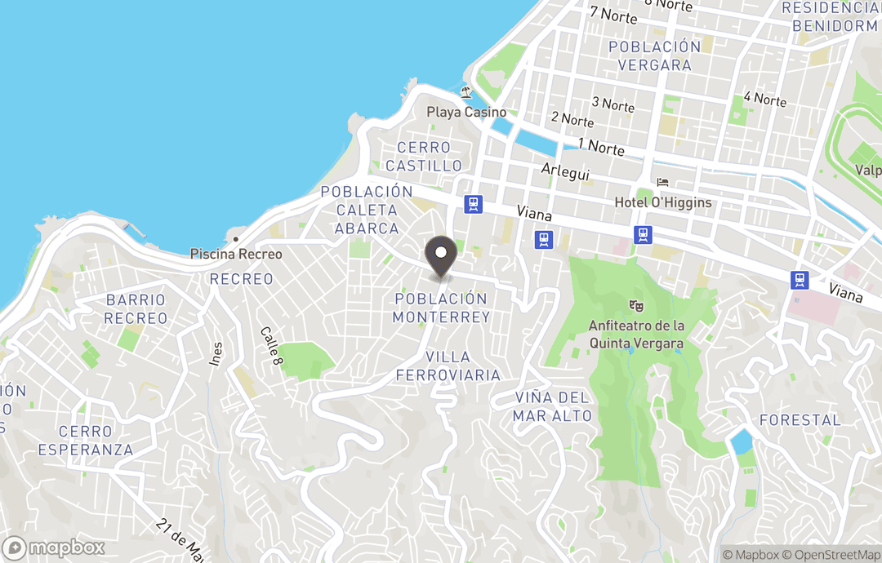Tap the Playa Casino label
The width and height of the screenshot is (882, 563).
click(x=466, y=113)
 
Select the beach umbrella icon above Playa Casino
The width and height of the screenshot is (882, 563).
click(x=465, y=92)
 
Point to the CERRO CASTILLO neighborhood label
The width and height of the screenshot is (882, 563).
click(x=424, y=157)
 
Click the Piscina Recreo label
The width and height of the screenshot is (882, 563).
click(x=236, y=254)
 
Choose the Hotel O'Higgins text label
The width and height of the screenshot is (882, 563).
click(x=663, y=202)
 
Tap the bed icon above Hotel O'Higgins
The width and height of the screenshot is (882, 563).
click(x=662, y=182)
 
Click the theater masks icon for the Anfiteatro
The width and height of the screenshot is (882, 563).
click(x=635, y=306)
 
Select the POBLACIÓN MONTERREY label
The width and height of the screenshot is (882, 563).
click(x=441, y=308)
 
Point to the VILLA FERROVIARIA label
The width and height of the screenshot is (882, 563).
click(x=448, y=366)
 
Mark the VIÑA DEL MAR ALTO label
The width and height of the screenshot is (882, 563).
click(x=552, y=406)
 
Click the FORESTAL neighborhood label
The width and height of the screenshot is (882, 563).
click(x=800, y=419)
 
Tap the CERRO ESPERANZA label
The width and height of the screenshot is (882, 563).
click(x=85, y=441)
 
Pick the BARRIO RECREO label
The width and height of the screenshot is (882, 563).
click(x=136, y=309)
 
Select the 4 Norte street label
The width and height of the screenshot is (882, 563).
click(x=764, y=100)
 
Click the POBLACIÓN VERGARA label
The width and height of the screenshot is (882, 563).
click(x=655, y=55)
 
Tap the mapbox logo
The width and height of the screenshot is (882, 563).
click(x=54, y=547)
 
